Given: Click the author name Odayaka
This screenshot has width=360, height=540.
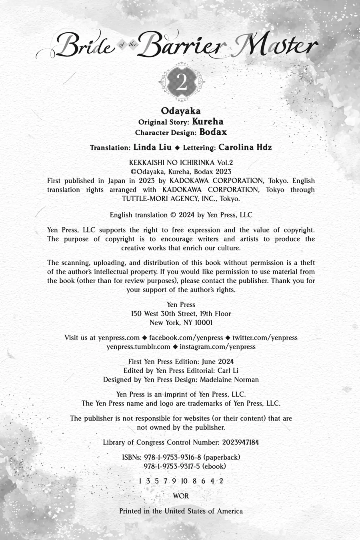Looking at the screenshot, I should pyautogui.click(x=181, y=111).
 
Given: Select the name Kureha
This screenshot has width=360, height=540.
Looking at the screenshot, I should pyautogui.click(x=208, y=122).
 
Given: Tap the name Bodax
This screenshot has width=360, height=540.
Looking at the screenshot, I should pyautogui.click(x=213, y=132).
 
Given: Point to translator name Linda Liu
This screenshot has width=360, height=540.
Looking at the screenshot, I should pyautogui.click(x=152, y=147).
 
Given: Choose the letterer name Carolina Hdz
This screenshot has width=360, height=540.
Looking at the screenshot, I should pyautogui.click(x=244, y=147).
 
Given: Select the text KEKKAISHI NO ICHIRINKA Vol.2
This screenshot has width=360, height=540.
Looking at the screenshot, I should pyautogui.click(x=181, y=163).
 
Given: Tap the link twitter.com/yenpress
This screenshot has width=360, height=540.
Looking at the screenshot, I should pyautogui.click(x=265, y=338).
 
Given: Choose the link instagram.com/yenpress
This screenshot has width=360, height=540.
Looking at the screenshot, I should pyautogui.click(x=217, y=347).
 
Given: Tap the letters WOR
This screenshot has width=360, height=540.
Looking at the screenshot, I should pyautogui.click(x=181, y=496).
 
